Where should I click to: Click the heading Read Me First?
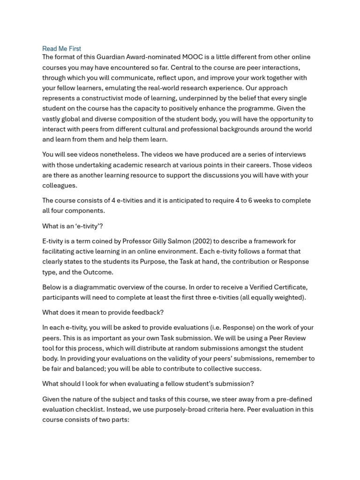coord(61,49)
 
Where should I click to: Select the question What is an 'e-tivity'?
coord(72,226)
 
